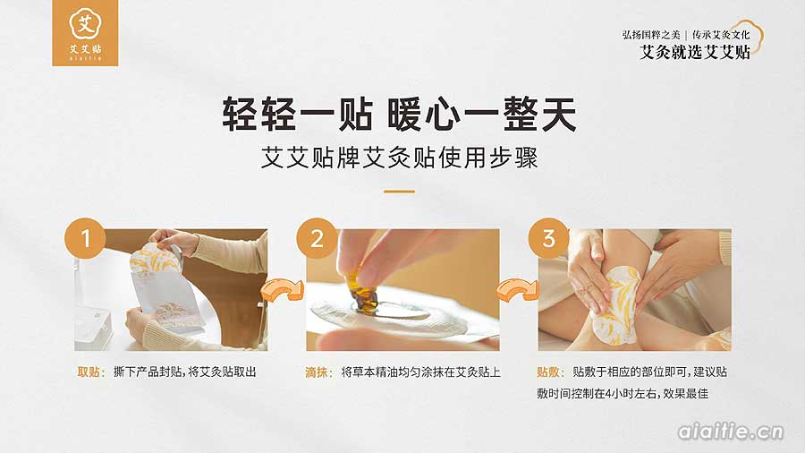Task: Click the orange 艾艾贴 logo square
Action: click(x=85, y=33)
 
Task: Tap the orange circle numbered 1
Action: click(x=85, y=238)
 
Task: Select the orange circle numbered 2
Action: click(x=317, y=238)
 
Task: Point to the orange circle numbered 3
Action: click(x=549, y=238)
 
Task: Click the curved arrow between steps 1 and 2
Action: click(x=282, y=289)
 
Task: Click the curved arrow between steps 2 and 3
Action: click(x=516, y=289)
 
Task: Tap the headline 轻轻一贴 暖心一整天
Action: click(x=400, y=114)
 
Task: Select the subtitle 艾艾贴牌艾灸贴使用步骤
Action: click(x=400, y=158)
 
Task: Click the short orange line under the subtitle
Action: click(x=400, y=192)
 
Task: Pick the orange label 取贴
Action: click(x=91, y=372)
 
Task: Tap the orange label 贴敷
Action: click(x=550, y=372)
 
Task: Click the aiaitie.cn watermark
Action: click(x=731, y=432)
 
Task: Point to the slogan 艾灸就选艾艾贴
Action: click(x=695, y=52)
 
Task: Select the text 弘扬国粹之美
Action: click(x=651, y=34)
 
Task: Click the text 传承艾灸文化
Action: click(x=721, y=34)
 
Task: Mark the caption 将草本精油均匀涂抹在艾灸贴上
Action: click(x=420, y=372)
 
